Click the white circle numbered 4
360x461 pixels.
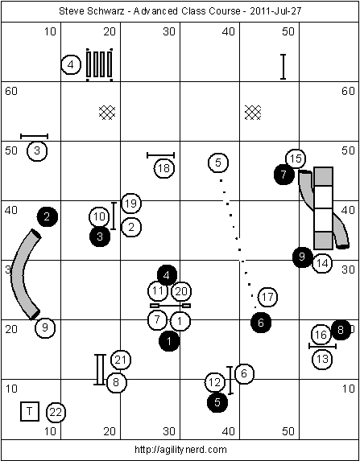[71, 64]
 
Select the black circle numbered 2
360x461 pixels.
[47, 217]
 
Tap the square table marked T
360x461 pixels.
[30, 411]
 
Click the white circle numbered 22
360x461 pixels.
[56, 413]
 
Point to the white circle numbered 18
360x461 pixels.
[164, 168]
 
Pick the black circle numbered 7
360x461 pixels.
[283, 175]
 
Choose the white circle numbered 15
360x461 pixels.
[296, 158]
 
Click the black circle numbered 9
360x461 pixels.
[302, 257]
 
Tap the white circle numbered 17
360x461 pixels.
[267, 297]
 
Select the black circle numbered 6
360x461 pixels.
[261, 323]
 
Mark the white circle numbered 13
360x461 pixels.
[322, 359]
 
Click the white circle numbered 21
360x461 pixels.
[121, 360]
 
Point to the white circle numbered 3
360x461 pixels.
[37, 150]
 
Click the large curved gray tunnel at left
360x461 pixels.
[19, 274]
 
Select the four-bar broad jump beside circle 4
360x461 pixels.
[99, 64]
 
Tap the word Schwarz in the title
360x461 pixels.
[109, 11]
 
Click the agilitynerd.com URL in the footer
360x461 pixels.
[180, 450]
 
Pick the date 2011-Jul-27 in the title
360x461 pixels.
[275, 11]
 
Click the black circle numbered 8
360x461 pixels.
[341, 330]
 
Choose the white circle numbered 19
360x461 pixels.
[131, 204]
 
